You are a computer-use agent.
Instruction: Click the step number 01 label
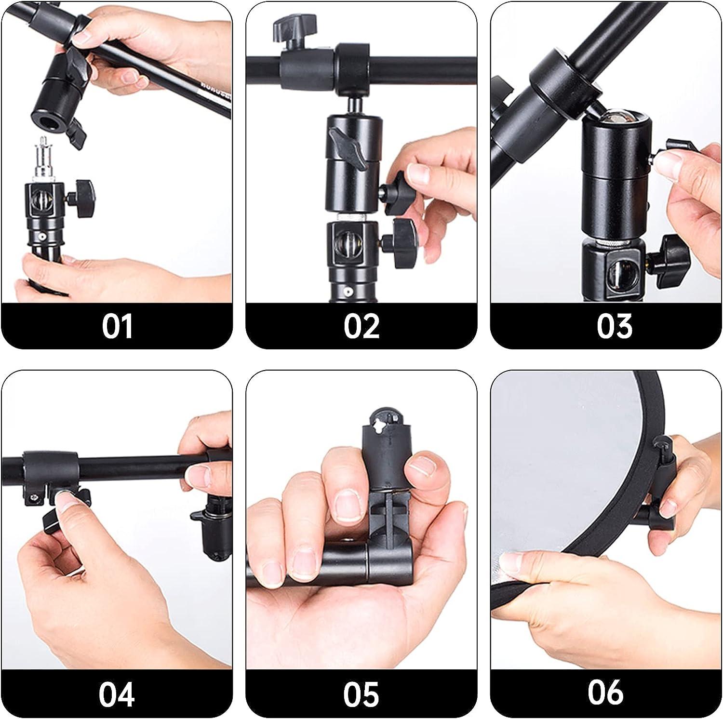[x=117, y=326]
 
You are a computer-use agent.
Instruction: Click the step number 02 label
[x=361, y=326]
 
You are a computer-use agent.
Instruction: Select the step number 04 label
[x=117, y=694]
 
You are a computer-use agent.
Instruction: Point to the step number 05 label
[x=361, y=694]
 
